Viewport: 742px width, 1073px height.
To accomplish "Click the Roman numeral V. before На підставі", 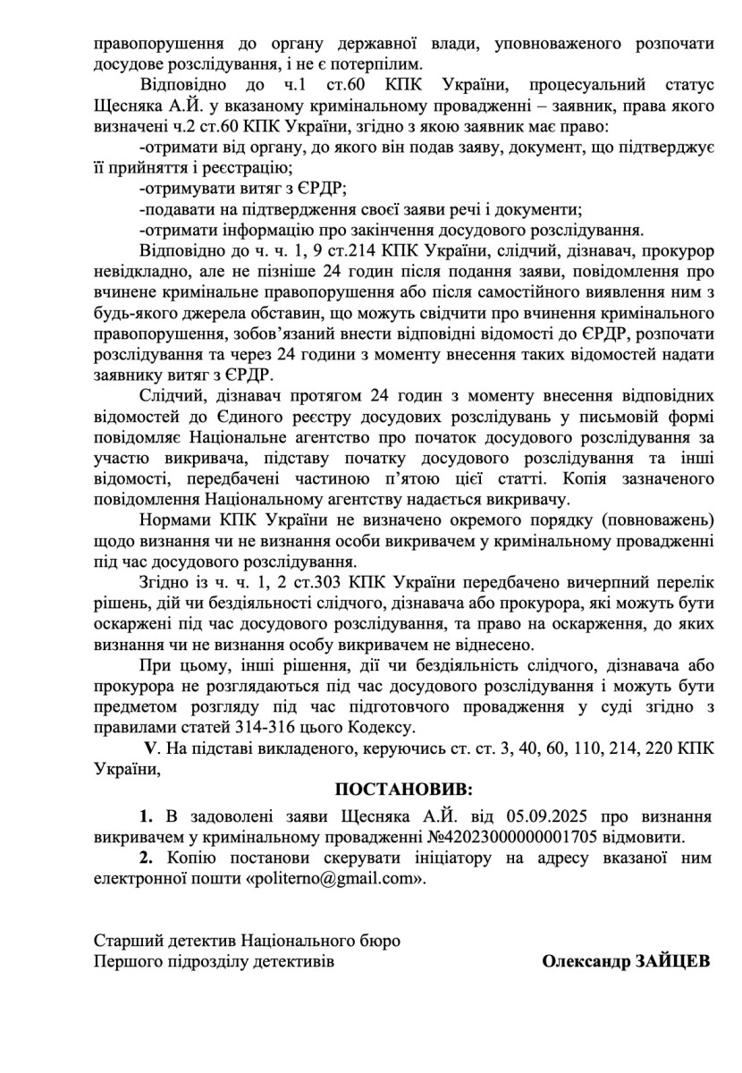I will pos(151,746).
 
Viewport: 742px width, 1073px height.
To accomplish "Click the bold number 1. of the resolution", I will pos(146,816).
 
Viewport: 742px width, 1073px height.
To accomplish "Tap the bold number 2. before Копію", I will pos(146,858).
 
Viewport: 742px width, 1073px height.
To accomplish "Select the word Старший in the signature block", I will pos(124,941).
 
